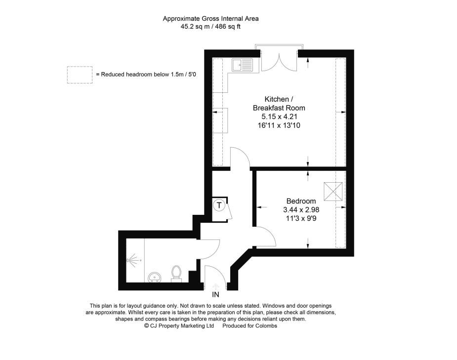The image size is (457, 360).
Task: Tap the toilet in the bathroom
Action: [176, 274]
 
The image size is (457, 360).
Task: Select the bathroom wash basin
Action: [155, 277]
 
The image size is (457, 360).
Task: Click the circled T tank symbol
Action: [219, 204]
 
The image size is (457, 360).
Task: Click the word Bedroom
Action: [301, 201]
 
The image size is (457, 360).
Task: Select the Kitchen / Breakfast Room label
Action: [279, 103]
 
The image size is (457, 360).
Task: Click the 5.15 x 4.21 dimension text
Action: [279, 117]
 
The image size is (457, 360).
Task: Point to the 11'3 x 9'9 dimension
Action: [301, 218]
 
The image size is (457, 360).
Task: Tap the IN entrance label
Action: [216, 295]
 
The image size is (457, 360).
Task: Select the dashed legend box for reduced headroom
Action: [80, 75]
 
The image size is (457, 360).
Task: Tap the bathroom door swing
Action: [209, 248]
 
